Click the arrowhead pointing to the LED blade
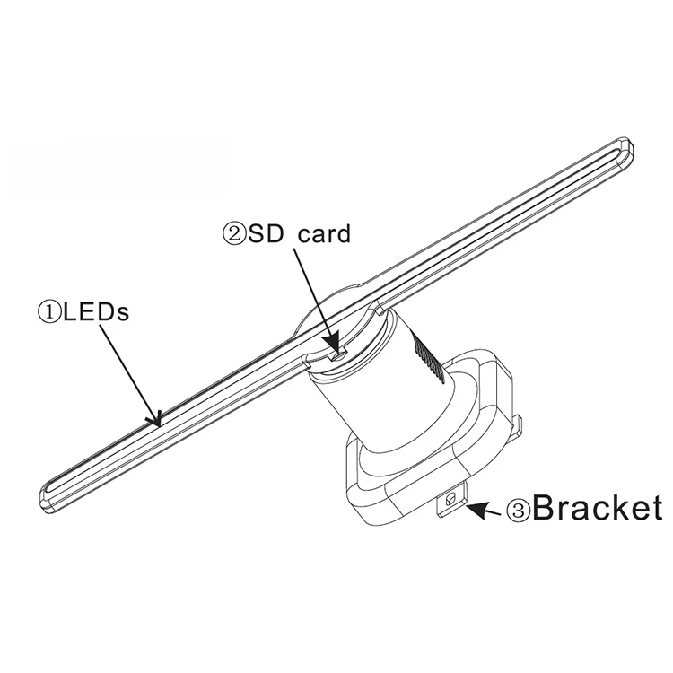pyautogui.click(x=157, y=418)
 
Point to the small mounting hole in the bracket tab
pyautogui.click(x=450, y=496)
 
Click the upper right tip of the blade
pyautogui.click(x=625, y=149)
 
